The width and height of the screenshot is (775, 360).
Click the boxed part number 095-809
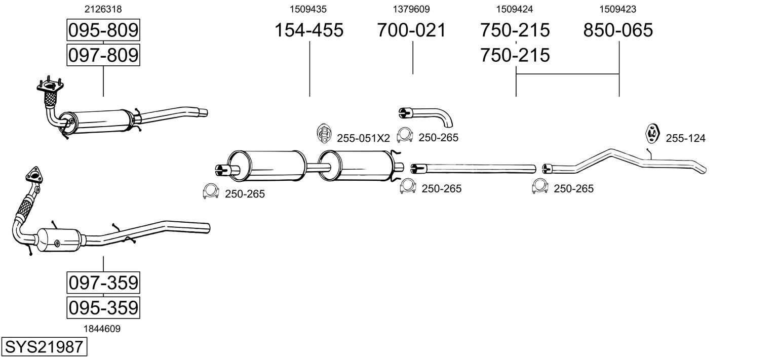[x=103, y=31]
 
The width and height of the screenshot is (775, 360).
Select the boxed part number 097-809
[x=103, y=55]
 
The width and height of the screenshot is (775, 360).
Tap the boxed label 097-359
[x=103, y=283]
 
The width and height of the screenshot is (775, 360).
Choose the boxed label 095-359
[x=103, y=307]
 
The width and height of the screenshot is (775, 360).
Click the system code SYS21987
[x=44, y=347]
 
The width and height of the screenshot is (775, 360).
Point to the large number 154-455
[x=308, y=30]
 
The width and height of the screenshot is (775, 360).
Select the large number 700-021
[x=411, y=30]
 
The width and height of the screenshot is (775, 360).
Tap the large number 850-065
[x=618, y=30]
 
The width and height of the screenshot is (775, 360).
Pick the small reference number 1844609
[x=102, y=329]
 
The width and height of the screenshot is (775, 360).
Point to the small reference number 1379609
[x=411, y=9]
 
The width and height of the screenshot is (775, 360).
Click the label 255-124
[x=685, y=138]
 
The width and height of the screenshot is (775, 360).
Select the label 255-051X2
[x=363, y=138]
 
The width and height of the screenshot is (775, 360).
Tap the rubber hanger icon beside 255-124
[x=651, y=133]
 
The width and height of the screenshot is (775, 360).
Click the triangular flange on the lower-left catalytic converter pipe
[x=34, y=174]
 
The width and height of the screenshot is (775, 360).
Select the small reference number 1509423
[x=618, y=9]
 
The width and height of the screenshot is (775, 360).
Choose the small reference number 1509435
[x=308, y=9]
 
